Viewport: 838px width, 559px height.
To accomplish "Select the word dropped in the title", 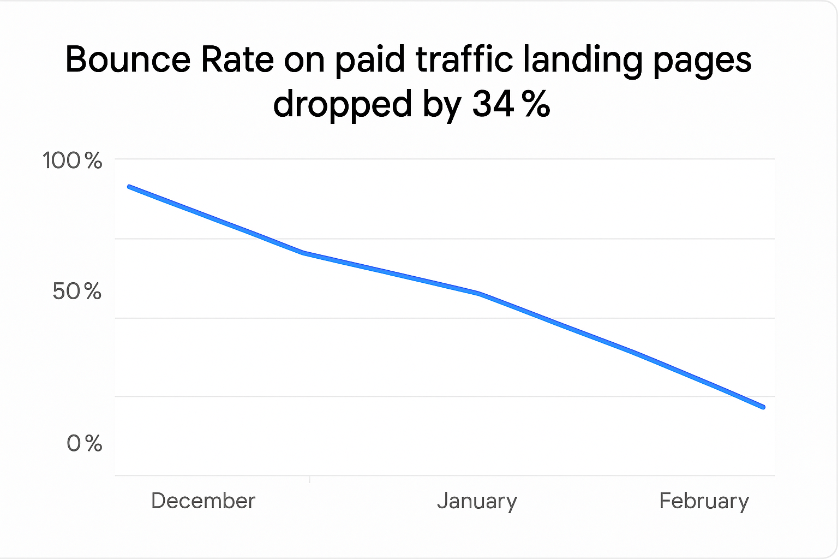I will point(343,104).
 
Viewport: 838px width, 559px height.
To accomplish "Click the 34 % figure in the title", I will point(511,104).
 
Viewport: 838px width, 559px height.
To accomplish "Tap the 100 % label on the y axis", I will point(73,160).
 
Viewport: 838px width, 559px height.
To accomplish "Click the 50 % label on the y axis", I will point(77,292).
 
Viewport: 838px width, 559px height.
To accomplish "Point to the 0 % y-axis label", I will point(85,443).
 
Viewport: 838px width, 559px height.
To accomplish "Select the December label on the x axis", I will point(203,501).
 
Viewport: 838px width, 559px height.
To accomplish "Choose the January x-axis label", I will point(477,501).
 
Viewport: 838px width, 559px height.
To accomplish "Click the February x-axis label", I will point(704,501).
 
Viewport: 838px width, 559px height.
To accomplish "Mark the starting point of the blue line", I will point(129,187).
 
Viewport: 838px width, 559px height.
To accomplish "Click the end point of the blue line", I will point(763,407).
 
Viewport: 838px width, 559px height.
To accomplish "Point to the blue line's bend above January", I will point(479,294).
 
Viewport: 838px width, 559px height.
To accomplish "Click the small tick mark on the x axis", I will point(309,479).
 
